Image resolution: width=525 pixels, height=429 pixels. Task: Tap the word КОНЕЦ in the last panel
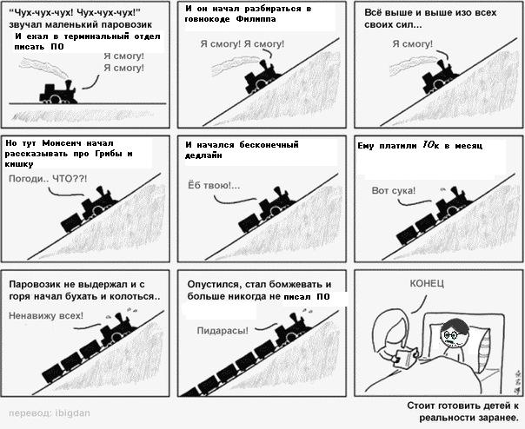pos(427,283)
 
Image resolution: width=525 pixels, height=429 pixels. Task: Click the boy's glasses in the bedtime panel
pos(451,334)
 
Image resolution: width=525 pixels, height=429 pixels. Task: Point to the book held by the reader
pos(406,359)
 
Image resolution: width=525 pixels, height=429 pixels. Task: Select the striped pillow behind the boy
pos(486,353)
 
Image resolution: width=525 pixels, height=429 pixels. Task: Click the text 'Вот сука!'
pos(394,191)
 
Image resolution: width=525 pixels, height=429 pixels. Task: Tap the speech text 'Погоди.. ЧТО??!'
pos(48,179)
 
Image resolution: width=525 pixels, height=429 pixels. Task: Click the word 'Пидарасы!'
pos(223,331)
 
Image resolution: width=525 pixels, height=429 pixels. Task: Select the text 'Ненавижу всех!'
pos(46,315)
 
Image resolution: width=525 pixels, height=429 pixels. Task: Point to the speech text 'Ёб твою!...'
pos(214,185)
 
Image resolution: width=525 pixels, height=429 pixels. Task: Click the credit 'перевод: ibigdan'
pos(50,413)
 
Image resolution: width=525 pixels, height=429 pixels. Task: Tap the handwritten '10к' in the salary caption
pos(430,145)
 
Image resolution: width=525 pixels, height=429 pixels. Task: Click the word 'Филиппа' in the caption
pos(256,19)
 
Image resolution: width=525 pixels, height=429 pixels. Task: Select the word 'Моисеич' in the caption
pos(62,143)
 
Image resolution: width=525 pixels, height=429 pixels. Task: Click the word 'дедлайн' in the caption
pos(203,155)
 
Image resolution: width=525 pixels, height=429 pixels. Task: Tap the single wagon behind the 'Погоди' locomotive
pos(71,222)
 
